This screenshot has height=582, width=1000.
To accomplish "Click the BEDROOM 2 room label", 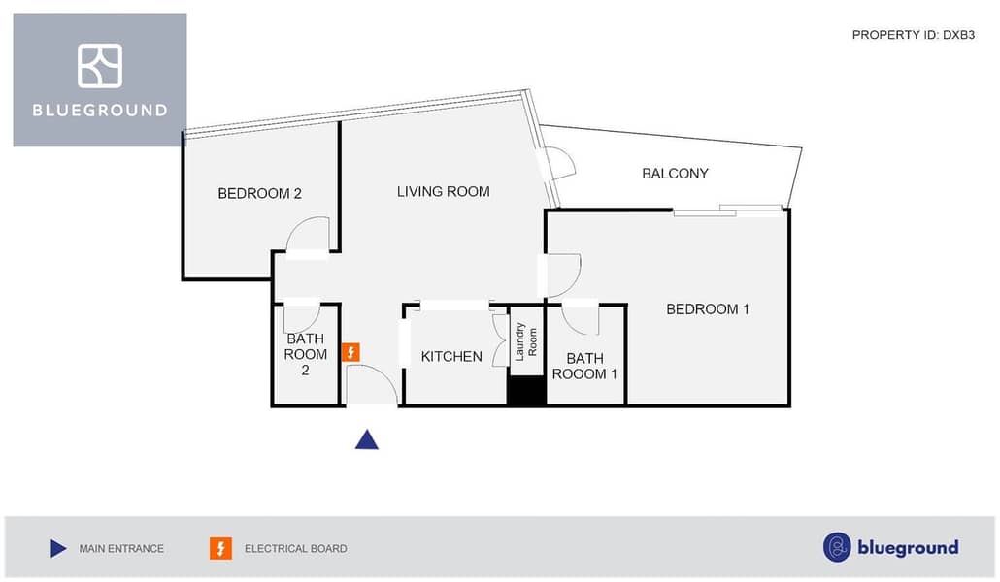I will (259, 193).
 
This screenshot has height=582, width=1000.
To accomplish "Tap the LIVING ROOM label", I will (443, 191).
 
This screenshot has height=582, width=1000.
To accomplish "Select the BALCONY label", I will (675, 174).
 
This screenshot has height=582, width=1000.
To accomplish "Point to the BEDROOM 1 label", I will (707, 309).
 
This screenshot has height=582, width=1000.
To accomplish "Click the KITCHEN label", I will (451, 357).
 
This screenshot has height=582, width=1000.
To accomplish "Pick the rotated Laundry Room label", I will (526, 341).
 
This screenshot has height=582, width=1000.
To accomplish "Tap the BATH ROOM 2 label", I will (305, 354).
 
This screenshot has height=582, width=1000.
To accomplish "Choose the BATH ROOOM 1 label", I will (585, 366).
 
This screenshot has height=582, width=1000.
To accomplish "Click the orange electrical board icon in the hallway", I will (351, 352).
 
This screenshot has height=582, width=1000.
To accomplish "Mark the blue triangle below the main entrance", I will (366, 440).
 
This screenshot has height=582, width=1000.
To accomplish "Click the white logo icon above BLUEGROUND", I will (100, 66).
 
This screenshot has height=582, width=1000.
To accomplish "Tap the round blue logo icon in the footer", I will (837, 547).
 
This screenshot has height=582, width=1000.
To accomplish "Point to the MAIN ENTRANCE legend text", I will (121, 549).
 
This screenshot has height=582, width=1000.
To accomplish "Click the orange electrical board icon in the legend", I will (220, 549).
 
